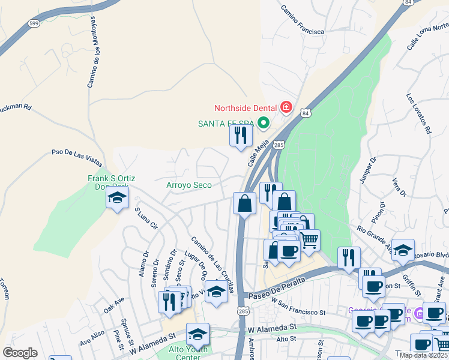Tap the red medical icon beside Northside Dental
[x=286, y=109]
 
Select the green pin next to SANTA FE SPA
[x=263, y=124]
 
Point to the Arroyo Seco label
[x=189, y=185]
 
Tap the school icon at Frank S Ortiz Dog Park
[x=117, y=197]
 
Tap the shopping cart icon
[x=309, y=240]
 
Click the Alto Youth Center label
[x=188, y=353]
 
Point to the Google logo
[x=20, y=353]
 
